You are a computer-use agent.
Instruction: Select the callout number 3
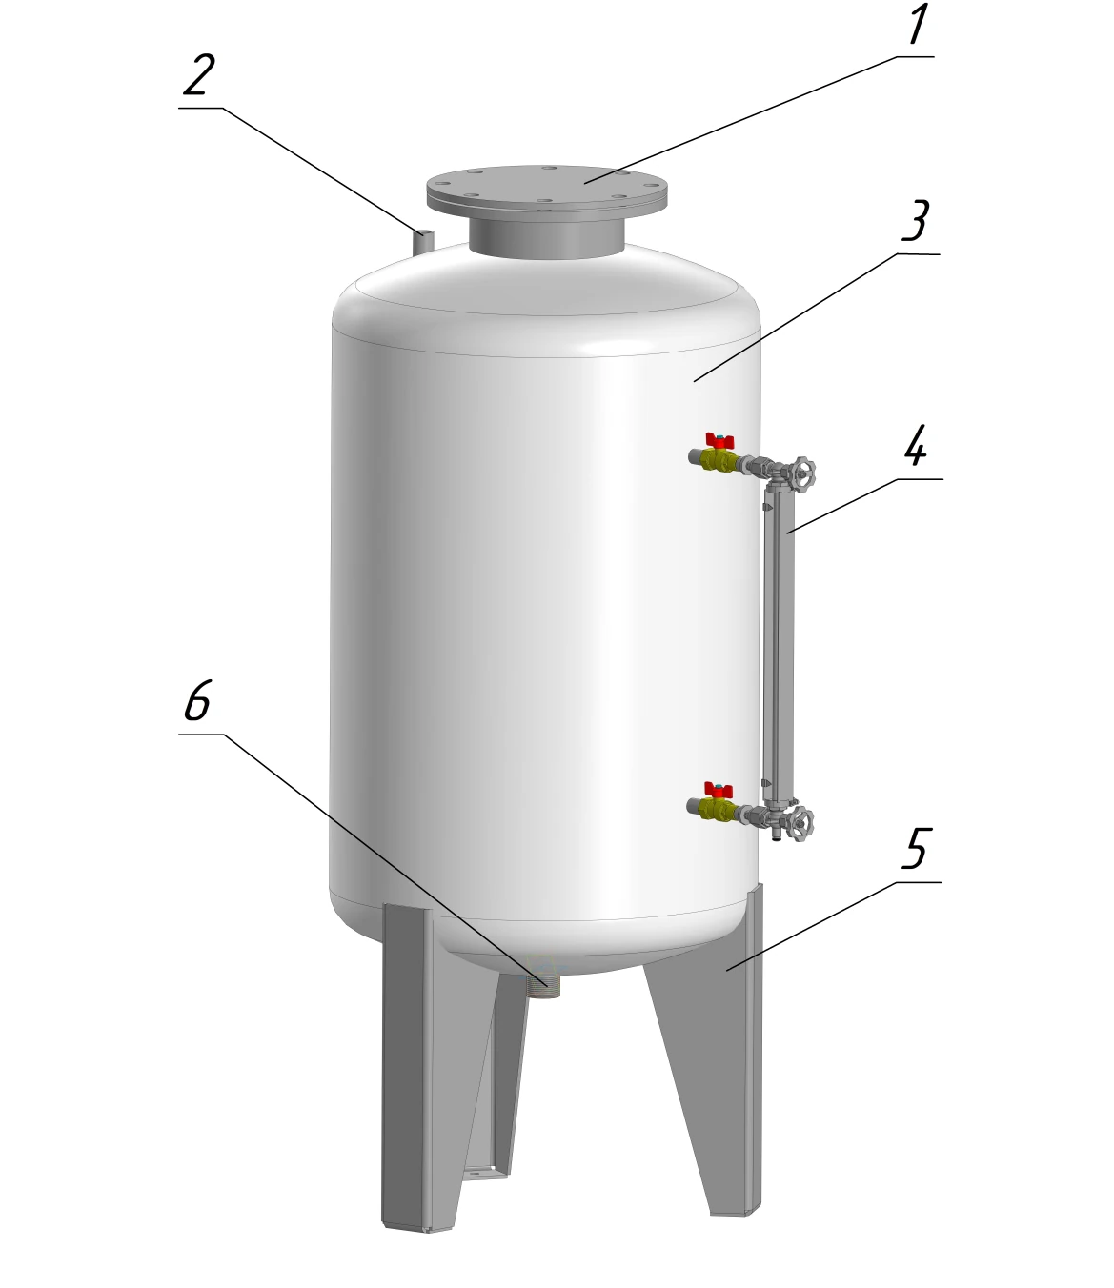click(917, 221)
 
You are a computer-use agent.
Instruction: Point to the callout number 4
click(917, 445)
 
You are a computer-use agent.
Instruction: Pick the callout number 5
click(917, 849)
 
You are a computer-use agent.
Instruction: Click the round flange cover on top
click(547, 188)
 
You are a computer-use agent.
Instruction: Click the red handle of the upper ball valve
click(720, 440)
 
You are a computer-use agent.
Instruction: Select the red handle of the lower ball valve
click(719, 790)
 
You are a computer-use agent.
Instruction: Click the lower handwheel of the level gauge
click(800, 824)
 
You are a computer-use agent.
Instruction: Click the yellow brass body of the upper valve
click(720, 462)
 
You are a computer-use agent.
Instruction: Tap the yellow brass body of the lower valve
click(719, 810)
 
